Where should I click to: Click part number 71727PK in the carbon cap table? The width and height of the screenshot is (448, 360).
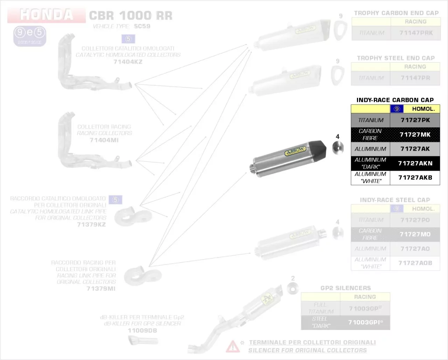point(415,120)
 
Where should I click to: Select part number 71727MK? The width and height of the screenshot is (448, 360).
point(415,134)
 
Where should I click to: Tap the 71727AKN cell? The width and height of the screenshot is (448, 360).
point(415,163)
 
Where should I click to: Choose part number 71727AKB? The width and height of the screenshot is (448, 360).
point(415,177)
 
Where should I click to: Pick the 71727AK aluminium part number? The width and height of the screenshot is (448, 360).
point(415,149)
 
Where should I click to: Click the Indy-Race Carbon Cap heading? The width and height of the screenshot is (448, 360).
point(395,100)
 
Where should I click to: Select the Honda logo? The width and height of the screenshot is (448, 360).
point(47,15)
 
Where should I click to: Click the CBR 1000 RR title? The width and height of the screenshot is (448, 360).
point(131,16)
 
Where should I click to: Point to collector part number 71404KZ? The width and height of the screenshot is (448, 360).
point(128,62)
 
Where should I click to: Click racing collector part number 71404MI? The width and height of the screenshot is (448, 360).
point(104,140)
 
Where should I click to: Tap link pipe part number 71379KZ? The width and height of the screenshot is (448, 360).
point(91,224)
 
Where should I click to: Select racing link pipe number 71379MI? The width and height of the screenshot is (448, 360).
point(101,289)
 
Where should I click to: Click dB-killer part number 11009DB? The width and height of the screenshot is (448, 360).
point(142,330)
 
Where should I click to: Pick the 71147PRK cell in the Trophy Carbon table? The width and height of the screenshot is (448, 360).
point(416,33)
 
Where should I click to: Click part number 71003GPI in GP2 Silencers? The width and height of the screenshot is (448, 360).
point(364,322)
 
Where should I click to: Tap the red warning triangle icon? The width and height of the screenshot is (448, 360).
point(232,346)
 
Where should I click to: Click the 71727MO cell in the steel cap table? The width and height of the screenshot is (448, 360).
point(415,234)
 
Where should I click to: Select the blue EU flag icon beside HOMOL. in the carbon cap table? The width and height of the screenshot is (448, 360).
point(397,109)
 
